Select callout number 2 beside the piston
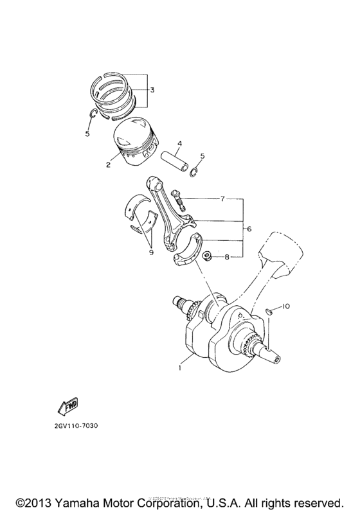pos(109,164)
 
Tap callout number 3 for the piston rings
pos(152,90)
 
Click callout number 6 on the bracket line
pos(249,228)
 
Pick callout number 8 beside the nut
pos(227,257)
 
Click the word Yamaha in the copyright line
pos(79,500)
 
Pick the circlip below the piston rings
pos(93,114)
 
